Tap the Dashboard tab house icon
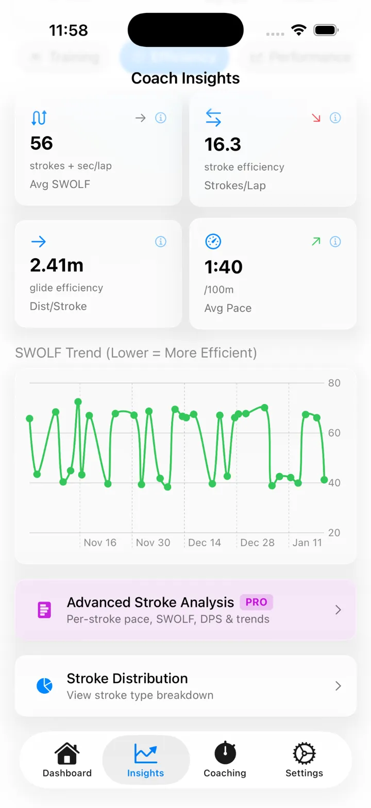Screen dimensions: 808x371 click(66, 753)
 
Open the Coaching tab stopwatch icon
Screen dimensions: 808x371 click(225, 753)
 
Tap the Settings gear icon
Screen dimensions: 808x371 click(304, 753)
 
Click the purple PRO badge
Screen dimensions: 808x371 click(256, 602)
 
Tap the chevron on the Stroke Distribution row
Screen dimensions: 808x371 click(339, 686)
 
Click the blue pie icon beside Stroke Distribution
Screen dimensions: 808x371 click(44, 686)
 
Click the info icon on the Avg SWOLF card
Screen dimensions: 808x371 click(161, 118)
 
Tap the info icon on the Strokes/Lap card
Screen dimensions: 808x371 click(335, 118)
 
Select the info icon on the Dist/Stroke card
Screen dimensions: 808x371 click(161, 241)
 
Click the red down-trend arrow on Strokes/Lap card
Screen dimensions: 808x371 click(316, 118)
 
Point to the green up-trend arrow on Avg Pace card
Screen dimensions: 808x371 click(316, 241)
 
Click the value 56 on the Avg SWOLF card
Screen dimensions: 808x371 click(42, 143)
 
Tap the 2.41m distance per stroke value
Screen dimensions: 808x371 click(57, 265)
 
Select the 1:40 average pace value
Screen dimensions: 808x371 click(224, 267)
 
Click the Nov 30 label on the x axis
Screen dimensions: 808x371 click(153, 543)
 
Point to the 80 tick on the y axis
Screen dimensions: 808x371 click(334, 383)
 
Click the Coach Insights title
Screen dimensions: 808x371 click(185, 78)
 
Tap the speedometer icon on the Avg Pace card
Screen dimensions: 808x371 click(213, 241)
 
